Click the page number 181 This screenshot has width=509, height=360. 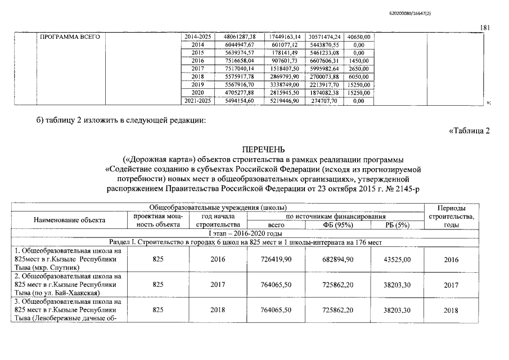(486, 28)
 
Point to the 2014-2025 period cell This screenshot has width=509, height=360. (198, 37)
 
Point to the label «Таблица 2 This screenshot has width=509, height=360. (470, 132)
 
